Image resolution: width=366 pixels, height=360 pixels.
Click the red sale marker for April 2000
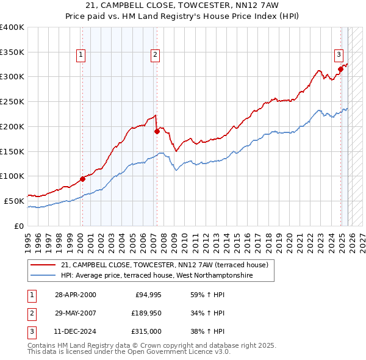tap(82, 179)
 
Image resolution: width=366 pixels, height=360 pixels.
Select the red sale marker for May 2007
tap(157, 131)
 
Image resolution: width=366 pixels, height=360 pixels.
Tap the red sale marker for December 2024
tap(341, 69)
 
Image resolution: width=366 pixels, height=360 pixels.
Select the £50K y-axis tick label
tap(15, 201)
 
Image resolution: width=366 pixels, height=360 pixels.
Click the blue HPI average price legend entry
tap(156, 275)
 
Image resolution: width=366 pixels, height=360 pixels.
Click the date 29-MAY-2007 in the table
tap(75, 314)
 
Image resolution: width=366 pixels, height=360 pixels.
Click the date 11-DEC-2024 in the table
tap(75, 333)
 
